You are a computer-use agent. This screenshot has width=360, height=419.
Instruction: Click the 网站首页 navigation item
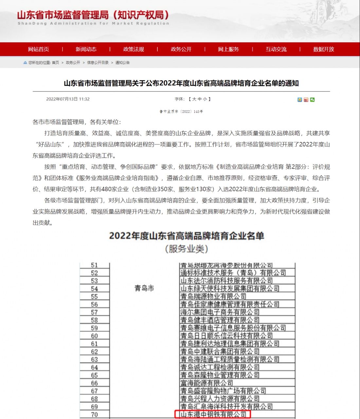point(38,49)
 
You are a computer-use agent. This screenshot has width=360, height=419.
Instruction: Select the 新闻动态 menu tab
point(86,49)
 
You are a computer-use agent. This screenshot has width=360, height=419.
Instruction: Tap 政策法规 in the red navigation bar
point(134,49)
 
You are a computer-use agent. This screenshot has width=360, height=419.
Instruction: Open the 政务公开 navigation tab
point(181,49)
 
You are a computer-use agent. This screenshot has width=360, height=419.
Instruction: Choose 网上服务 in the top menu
point(228,49)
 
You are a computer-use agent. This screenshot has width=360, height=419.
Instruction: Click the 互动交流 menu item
point(276,49)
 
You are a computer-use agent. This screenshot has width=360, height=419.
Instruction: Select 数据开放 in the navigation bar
point(323,49)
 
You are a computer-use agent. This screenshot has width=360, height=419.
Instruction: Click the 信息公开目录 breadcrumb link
point(98,63)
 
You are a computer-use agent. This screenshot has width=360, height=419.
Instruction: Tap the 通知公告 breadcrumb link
point(122,63)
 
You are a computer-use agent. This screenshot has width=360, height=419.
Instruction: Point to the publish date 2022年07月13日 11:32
point(68,99)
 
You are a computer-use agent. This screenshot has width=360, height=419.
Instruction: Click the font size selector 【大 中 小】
point(200,99)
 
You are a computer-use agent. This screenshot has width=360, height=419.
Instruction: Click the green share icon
point(313,100)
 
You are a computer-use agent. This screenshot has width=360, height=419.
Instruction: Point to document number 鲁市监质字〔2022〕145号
point(181,112)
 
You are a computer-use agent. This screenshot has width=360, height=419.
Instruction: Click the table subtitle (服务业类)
point(187,249)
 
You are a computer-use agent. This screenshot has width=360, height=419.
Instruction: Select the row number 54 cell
point(94,289)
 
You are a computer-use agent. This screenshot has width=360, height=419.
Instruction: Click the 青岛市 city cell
point(144,288)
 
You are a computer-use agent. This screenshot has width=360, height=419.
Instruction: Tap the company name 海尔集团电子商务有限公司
point(220,312)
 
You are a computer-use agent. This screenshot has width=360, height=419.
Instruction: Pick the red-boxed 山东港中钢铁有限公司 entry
point(213,414)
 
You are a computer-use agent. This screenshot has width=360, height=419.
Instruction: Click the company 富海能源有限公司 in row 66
point(207,383)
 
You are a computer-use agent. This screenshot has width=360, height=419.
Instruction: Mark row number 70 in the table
point(94,414)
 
